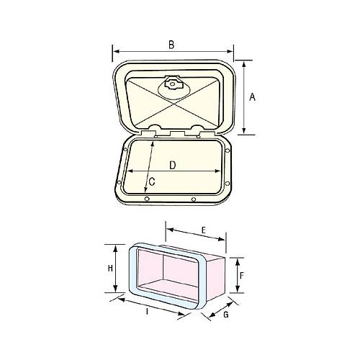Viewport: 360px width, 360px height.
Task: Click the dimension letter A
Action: tap(253, 97)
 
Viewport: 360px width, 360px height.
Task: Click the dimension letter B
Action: tap(171, 45)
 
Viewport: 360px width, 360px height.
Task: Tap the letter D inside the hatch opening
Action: tap(173, 165)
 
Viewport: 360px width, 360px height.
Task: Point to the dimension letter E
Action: tap(204, 230)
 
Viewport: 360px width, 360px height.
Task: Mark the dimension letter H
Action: tap(110, 268)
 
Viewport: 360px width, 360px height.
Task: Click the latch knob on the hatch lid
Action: tap(174, 85)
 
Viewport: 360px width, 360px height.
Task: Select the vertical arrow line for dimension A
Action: tap(243, 97)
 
